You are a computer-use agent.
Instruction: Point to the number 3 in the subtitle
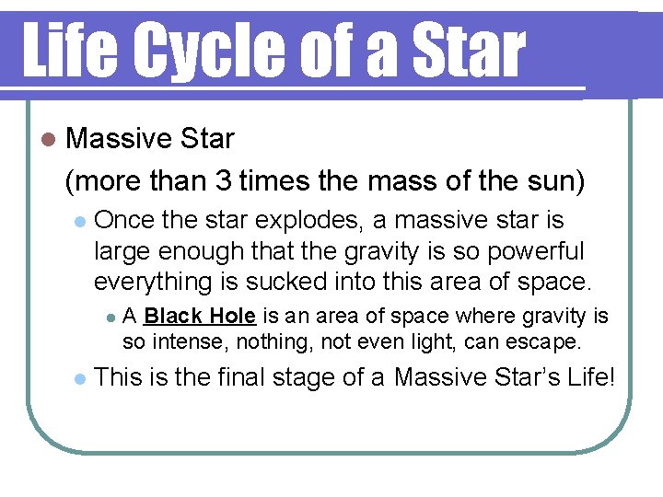click(x=224, y=181)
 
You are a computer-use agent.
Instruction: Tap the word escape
click(x=547, y=343)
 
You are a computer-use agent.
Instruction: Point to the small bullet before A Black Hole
click(x=110, y=318)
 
